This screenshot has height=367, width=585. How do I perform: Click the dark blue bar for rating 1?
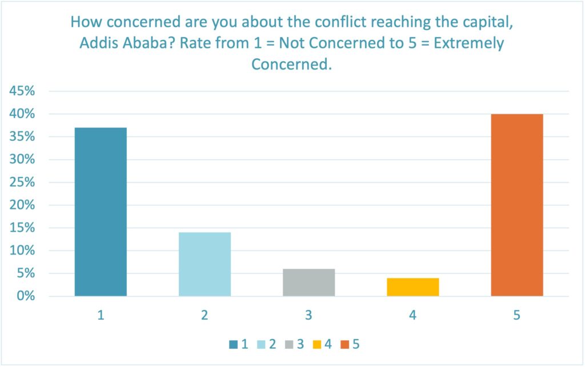pyautogui.click(x=101, y=212)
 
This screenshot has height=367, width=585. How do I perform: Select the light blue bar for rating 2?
pyautogui.click(x=205, y=264)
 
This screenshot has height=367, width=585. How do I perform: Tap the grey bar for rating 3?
pyautogui.click(x=308, y=283)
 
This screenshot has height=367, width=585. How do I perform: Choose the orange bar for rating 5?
pyautogui.click(x=516, y=205)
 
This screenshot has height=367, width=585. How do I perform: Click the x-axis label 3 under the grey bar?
pyautogui.click(x=308, y=315)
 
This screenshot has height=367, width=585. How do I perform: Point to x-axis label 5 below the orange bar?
pyautogui.click(x=516, y=315)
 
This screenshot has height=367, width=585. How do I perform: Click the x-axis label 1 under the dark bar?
pyautogui.click(x=101, y=315)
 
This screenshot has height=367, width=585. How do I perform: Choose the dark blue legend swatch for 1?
pyautogui.click(x=233, y=344)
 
